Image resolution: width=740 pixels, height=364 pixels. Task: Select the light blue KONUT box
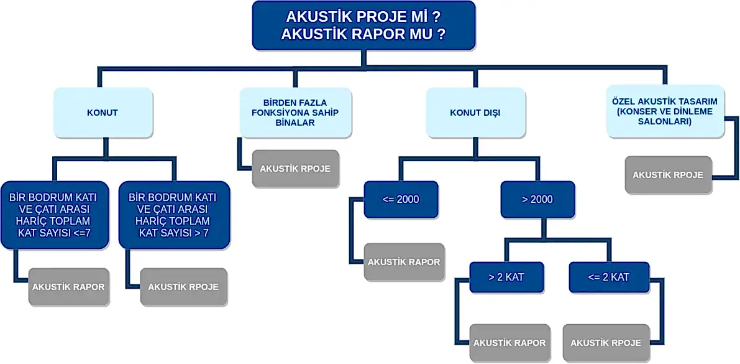pos(103,113)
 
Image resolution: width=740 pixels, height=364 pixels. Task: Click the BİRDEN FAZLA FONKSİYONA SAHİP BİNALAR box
pos(295,113)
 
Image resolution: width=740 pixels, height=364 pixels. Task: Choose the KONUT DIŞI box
pos(475,113)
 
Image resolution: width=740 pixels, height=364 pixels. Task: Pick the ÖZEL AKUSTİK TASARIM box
pos(665,111)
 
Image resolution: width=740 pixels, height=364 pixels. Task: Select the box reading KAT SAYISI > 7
pos(174,215)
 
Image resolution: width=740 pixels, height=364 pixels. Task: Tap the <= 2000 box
pos(401,199)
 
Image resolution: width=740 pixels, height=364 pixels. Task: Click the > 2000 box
pos(537,199)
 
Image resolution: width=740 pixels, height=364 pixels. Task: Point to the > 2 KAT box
pos(506,278)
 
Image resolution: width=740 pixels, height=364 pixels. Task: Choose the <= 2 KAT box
pos(609,278)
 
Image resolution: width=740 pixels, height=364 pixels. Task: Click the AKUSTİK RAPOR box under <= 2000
pos(404,262)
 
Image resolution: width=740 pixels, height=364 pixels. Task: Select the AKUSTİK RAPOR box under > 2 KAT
pos(509,343)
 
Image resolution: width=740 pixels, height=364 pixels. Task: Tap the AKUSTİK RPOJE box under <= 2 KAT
pos(606,343)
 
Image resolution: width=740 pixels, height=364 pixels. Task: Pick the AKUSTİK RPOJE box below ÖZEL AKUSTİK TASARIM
pos(668,175)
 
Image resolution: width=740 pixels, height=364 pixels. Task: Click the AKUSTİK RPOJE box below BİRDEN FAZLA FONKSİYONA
pos(295,169)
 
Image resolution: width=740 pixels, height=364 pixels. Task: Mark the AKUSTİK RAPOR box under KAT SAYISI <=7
pos(68,287)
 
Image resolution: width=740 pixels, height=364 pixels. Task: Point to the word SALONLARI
pos(665,123)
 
